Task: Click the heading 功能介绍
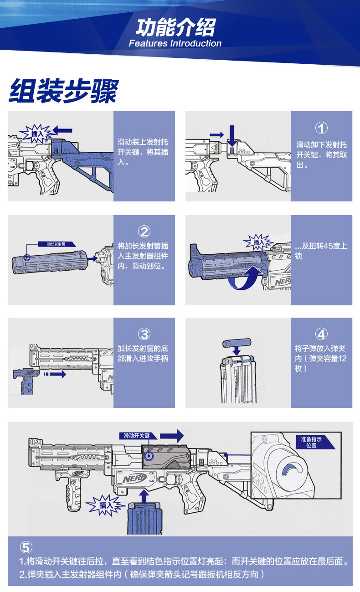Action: click(x=175, y=27)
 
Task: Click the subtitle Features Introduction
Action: click(x=175, y=44)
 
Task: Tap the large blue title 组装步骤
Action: click(x=63, y=91)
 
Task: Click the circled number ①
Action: click(x=321, y=128)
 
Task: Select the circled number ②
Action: click(x=144, y=232)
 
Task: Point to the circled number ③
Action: click(x=144, y=335)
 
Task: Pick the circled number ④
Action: click(x=321, y=335)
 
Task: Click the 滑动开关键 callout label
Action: click(x=137, y=436)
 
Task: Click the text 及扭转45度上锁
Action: click(x=321, y=251)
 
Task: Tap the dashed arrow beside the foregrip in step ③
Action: click(x=54, y=374)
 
